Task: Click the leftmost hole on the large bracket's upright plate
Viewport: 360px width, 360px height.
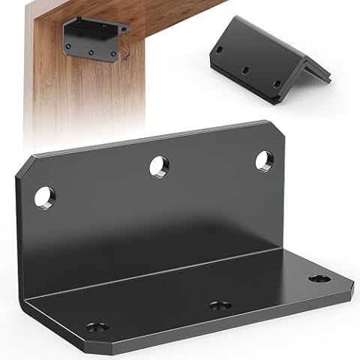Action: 44,197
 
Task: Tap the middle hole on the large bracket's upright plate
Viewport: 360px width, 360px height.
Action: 159,166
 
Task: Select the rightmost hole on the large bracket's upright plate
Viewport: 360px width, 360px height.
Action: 264,160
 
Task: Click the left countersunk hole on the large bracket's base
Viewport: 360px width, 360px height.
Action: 96,327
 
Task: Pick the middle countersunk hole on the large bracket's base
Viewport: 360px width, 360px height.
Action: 219,306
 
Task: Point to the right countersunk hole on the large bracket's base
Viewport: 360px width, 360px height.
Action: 319,279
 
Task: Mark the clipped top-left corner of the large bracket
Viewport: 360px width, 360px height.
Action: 25,166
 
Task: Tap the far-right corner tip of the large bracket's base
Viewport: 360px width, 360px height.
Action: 352,284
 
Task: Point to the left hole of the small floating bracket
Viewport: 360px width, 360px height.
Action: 220,50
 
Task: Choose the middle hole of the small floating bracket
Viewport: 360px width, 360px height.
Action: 246,70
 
